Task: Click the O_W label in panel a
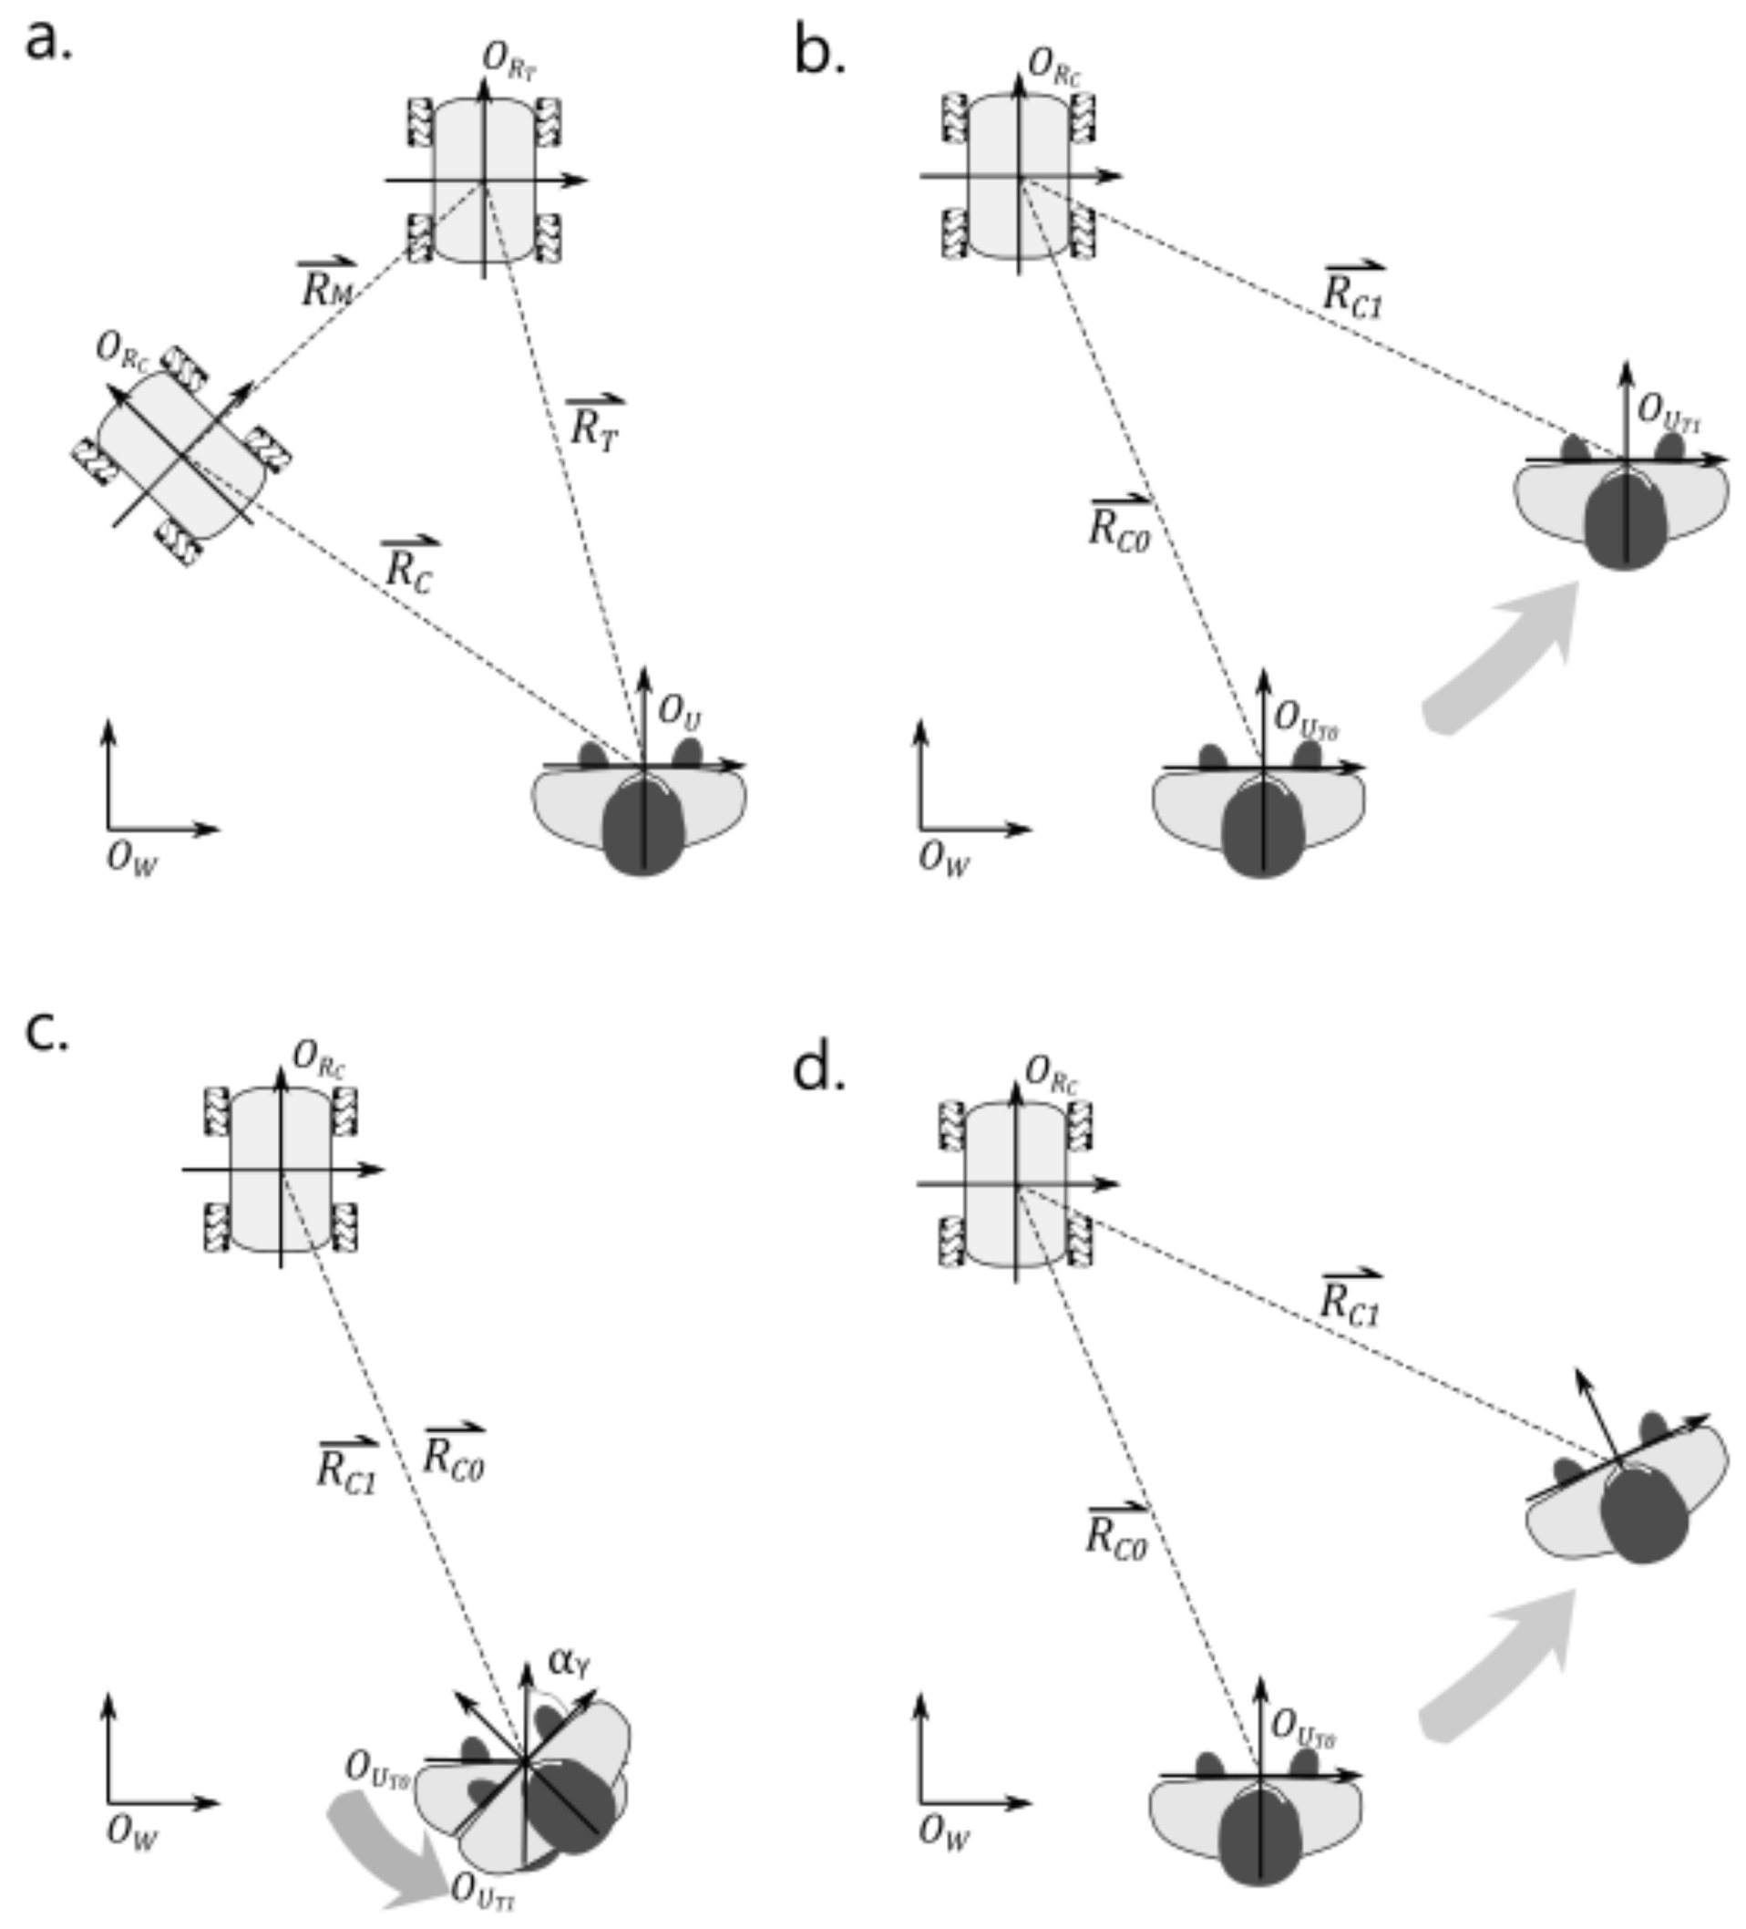pos(131,858)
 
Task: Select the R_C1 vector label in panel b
pos(1353,290)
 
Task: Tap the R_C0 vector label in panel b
pos(1119,525)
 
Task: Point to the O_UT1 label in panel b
pos(1669,412)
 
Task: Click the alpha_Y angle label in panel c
pos(569,1661)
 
